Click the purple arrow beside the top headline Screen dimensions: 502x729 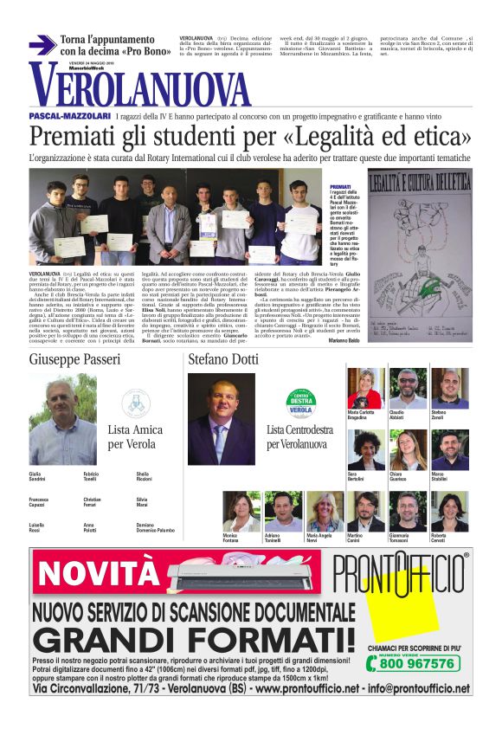pos(42,45)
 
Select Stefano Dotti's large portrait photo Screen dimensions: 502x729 pos(222,419)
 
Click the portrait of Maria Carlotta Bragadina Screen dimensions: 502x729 pos(364,389)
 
